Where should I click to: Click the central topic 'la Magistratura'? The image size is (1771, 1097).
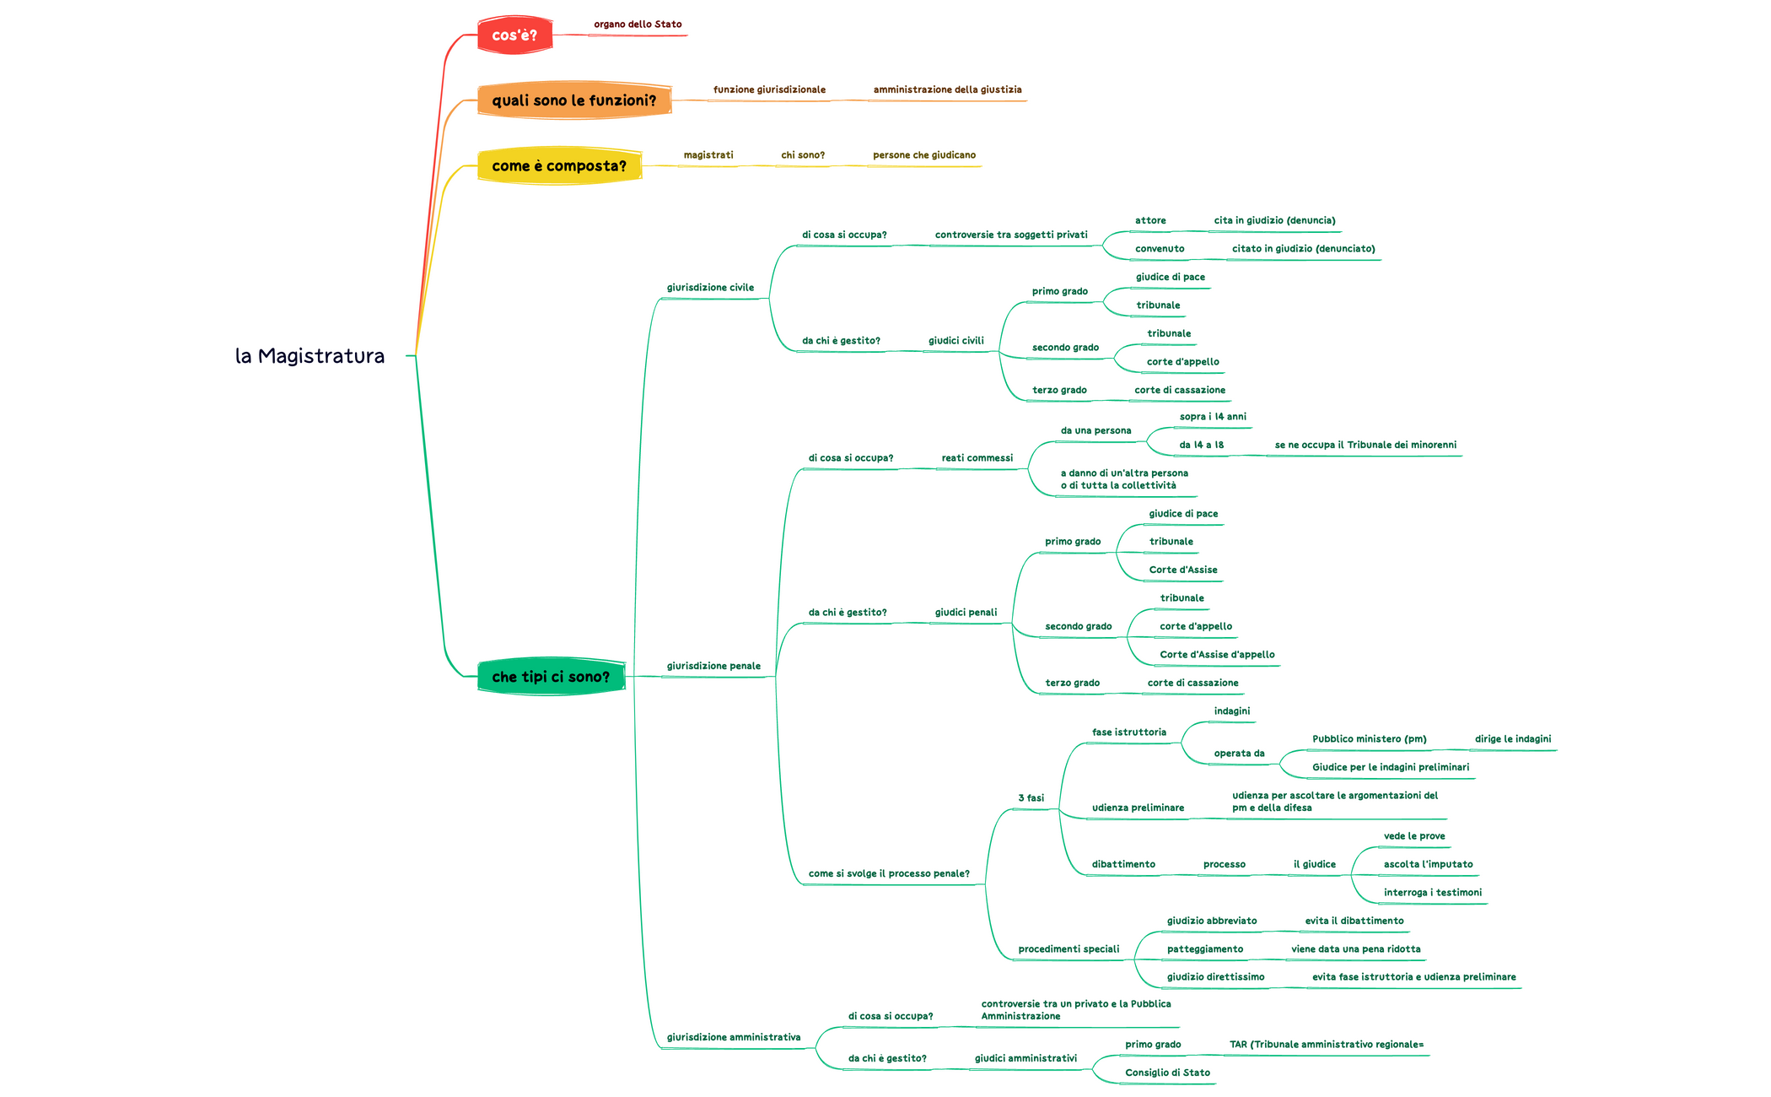310,356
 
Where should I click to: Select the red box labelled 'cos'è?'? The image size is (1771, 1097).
514,35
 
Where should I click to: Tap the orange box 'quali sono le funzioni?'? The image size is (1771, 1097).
573,100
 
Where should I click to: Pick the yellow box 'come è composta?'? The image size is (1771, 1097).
559,165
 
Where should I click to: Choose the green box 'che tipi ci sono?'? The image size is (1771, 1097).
551,677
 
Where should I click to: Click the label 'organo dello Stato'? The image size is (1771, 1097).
638,24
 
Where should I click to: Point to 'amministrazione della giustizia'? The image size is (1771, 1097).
947,89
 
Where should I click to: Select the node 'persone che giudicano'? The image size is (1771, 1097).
924,155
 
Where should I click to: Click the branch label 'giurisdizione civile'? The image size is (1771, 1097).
710,288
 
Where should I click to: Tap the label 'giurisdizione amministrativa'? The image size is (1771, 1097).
734,1038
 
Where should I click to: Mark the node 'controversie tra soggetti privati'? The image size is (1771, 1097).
1011,235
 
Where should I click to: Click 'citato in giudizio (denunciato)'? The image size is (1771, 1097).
1303,249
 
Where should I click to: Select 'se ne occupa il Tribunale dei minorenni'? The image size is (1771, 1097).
1365,445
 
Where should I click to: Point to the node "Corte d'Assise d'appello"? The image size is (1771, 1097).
1217,655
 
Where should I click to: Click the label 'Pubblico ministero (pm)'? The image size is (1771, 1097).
1369,739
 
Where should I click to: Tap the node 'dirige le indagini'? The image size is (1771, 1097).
1513,739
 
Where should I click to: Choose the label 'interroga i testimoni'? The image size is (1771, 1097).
1432,893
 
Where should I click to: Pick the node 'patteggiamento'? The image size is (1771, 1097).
1204,949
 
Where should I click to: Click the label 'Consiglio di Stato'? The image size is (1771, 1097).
1167,1073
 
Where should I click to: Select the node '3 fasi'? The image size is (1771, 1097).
1031,798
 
